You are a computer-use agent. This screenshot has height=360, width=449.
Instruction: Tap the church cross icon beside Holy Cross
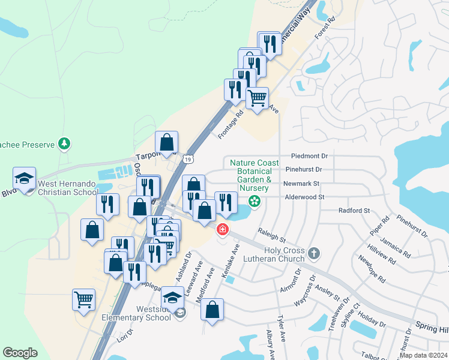pos(313,254)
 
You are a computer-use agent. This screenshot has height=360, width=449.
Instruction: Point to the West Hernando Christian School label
pos(68,188)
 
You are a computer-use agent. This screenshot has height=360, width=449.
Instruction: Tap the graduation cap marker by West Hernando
pos(25,179)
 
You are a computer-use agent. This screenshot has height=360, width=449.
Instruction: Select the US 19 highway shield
pos(188,159)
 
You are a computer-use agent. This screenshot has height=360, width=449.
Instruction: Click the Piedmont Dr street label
pos(309,155)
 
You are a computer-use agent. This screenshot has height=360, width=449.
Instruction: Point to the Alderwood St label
pos(304,197)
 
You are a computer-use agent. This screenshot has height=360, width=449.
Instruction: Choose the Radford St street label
pos(354,211)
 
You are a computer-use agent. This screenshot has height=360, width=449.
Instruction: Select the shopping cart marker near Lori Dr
pos(83,298)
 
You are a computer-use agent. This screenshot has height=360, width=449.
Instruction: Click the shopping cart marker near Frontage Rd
pos(257,97)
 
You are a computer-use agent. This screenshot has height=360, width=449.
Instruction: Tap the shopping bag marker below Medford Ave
pos(212,310)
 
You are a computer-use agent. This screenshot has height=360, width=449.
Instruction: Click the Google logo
pos(20,353)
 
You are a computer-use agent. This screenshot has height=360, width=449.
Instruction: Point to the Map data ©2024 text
pos(423,355)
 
